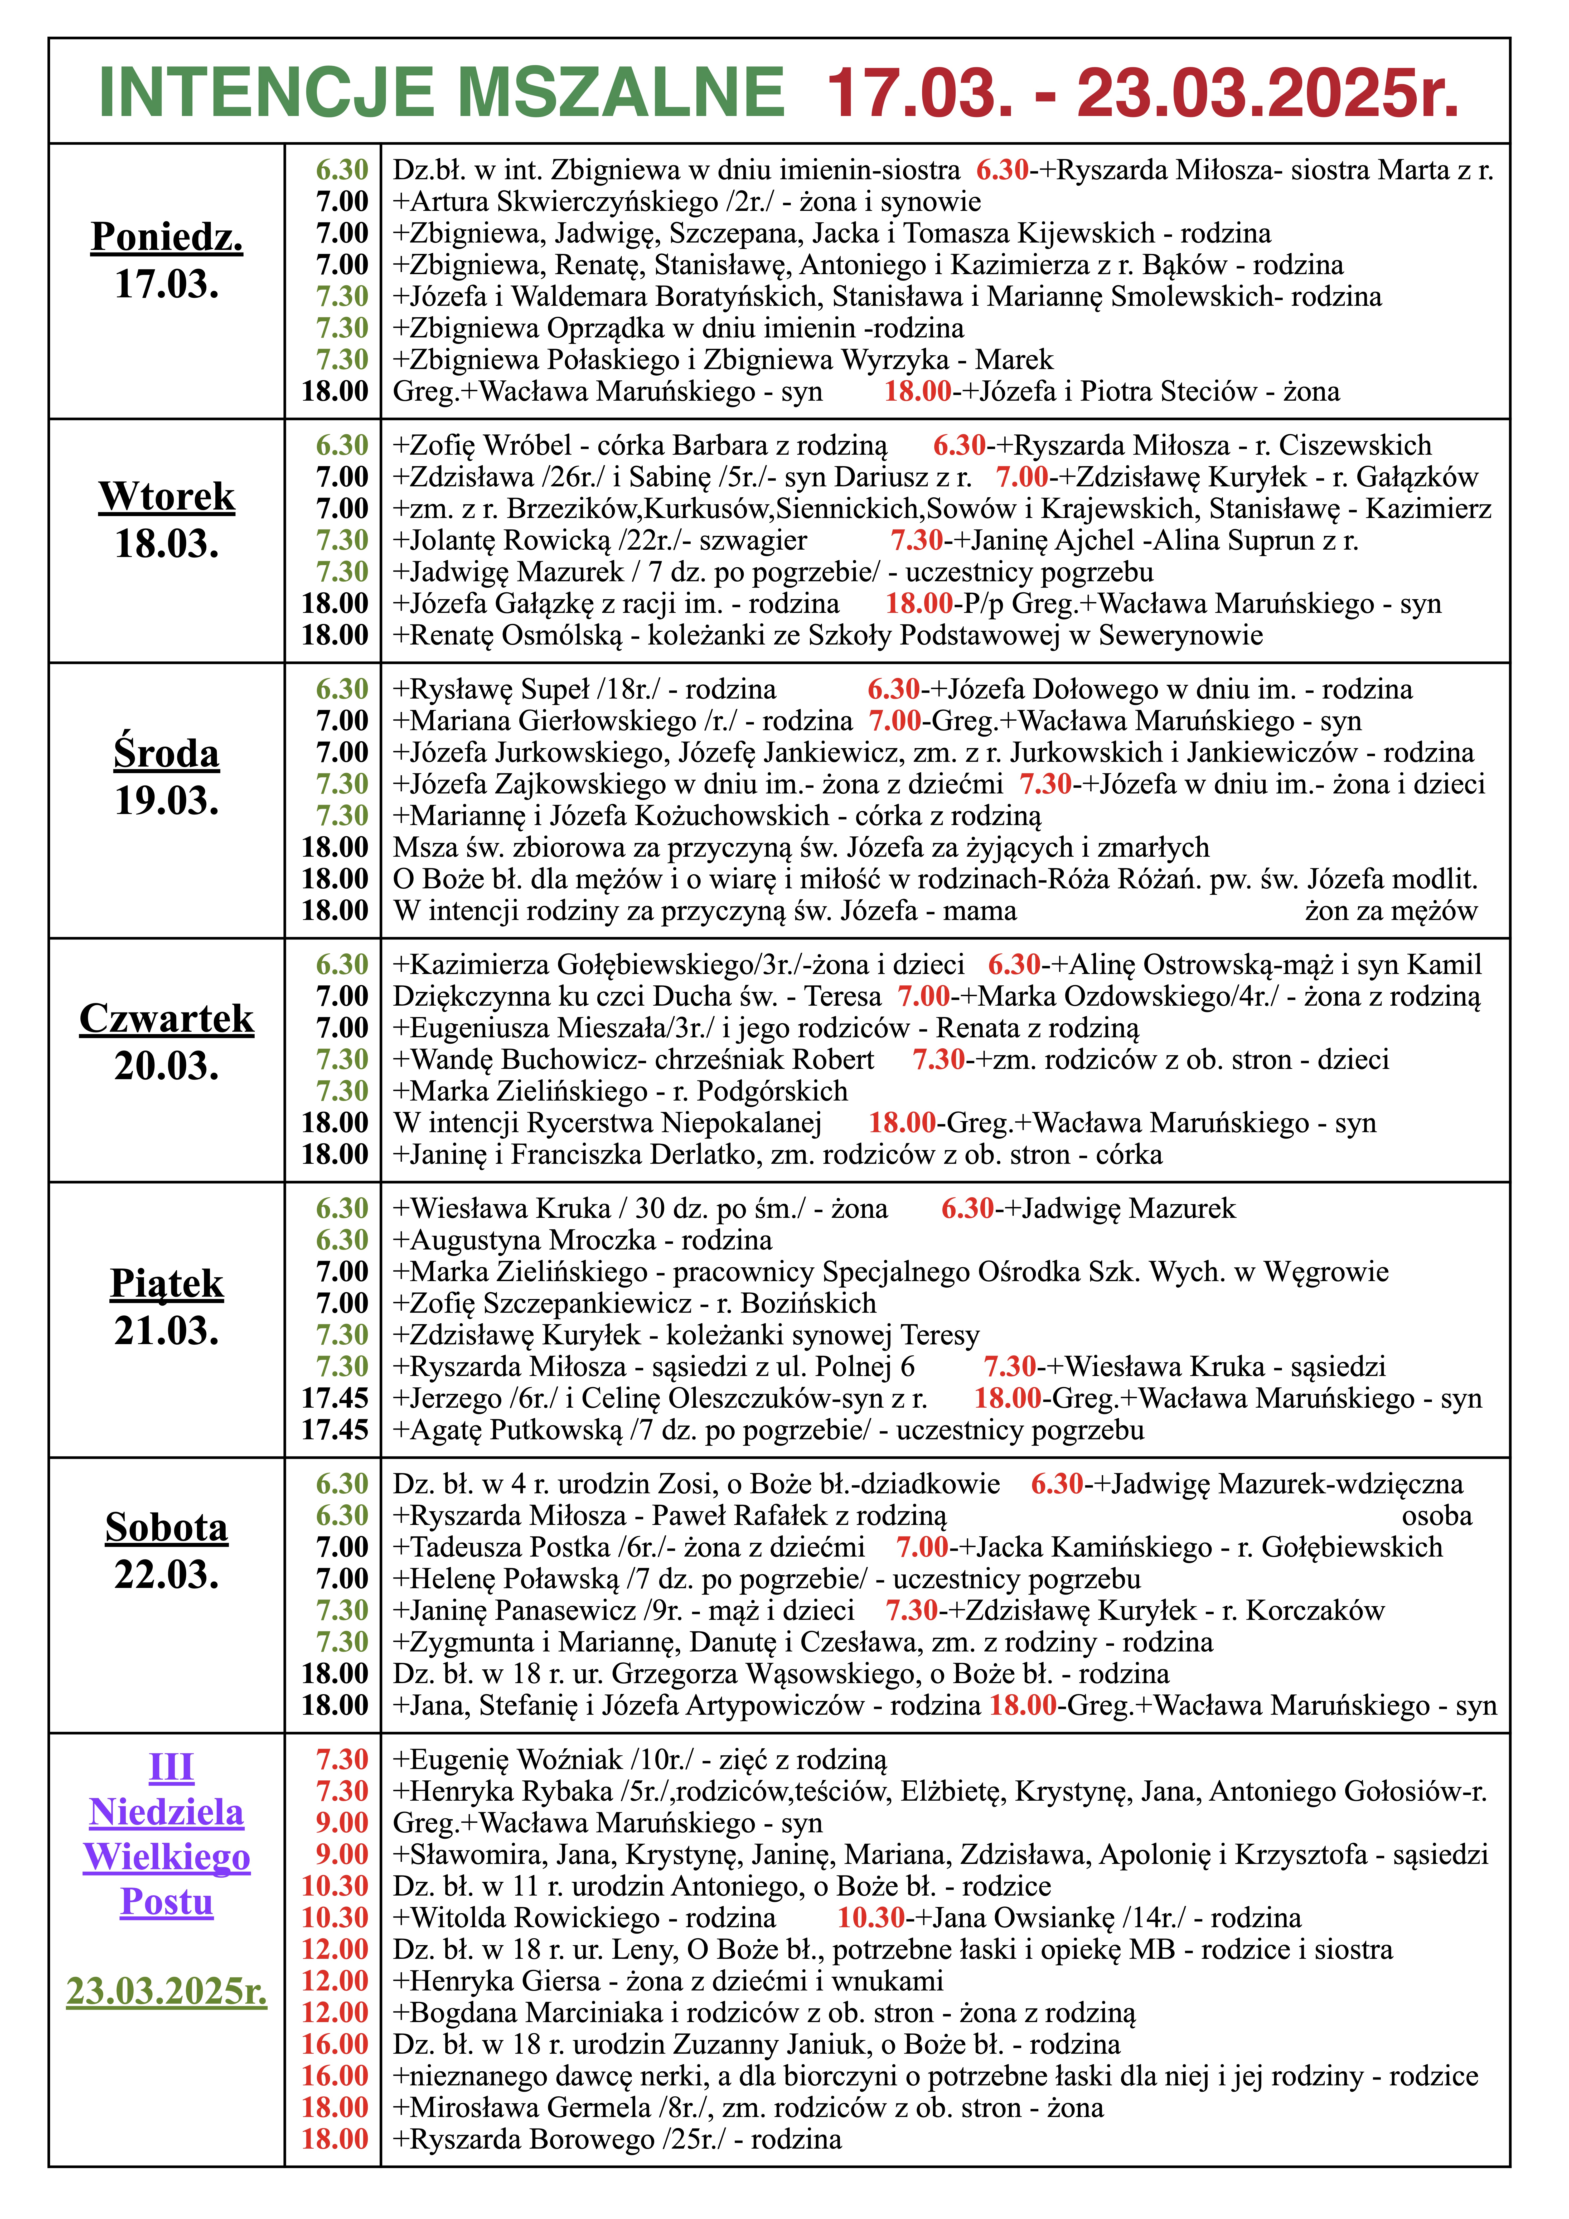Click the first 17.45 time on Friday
(335, 1398)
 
